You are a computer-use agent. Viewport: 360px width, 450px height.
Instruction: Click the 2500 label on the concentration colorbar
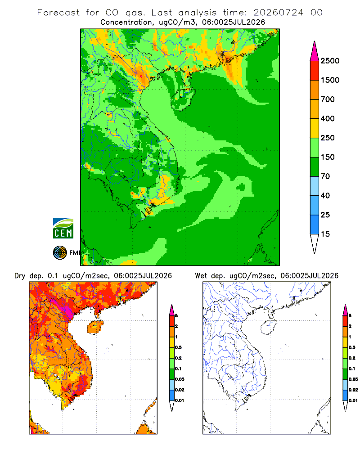(330, 61)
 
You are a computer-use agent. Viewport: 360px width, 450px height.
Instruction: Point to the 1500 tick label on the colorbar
(330, 80)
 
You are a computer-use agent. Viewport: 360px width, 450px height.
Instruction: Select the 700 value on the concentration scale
(328, 99)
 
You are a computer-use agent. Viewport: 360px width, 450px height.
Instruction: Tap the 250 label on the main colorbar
(328, 138)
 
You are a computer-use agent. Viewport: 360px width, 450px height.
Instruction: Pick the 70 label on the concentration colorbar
(325, 176)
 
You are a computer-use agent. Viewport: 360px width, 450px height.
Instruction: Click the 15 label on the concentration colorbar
(325, 234)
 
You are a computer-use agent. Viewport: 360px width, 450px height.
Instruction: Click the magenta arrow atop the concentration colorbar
(315, 51)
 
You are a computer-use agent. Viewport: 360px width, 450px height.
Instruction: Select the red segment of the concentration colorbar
(315, 71)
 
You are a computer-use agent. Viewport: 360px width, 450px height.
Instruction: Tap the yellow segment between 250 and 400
(315, 128)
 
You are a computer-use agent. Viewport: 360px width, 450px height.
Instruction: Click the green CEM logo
(63, 229)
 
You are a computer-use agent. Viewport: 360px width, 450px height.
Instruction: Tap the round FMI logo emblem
(60, 253)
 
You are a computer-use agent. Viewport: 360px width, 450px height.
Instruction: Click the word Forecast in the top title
(58, 13)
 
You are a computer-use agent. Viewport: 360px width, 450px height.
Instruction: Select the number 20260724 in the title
(278, 13)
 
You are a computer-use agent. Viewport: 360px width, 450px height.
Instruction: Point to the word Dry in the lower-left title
(20, 276)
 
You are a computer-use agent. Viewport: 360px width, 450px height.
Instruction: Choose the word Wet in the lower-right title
(201, 276)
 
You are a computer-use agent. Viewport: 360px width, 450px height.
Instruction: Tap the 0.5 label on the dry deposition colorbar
(178, 347)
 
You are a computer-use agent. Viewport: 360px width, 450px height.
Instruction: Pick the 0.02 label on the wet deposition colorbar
(353, 390)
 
